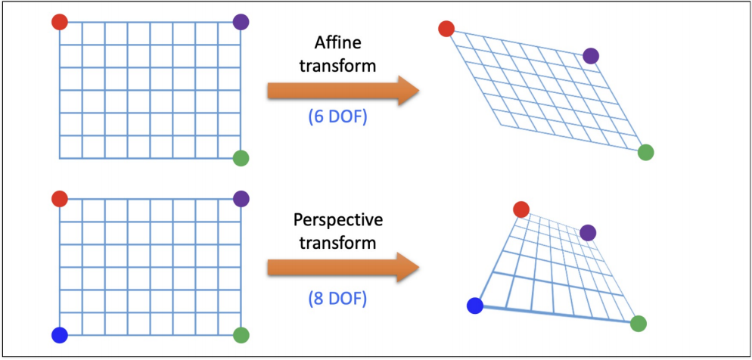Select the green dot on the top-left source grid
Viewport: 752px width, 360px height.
(x=241, y=158)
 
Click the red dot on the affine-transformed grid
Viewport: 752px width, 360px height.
(x=446, y=29)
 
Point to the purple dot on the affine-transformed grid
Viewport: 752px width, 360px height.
(x=591, y=55)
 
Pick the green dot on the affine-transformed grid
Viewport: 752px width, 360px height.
(x=645, y=152)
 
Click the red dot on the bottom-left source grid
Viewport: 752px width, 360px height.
(x=60, y=199)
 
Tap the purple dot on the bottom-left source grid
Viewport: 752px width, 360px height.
(x=241, y=199)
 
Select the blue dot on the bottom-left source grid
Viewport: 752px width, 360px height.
(x=60, y=334)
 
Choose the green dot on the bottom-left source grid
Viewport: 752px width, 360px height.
(x=241, y=334)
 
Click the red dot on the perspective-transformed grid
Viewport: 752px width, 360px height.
(x=520, y=209)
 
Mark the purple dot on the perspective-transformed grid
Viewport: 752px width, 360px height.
(x=588, y=232)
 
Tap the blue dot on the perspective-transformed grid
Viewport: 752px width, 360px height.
(x=475, y=306)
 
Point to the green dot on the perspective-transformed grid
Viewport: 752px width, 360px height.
(x=638, y=324)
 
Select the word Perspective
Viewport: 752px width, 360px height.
(x=338, y=221)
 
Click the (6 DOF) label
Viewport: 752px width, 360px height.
(x=337, y=119)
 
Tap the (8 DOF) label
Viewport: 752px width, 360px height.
(x=337, y=298)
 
